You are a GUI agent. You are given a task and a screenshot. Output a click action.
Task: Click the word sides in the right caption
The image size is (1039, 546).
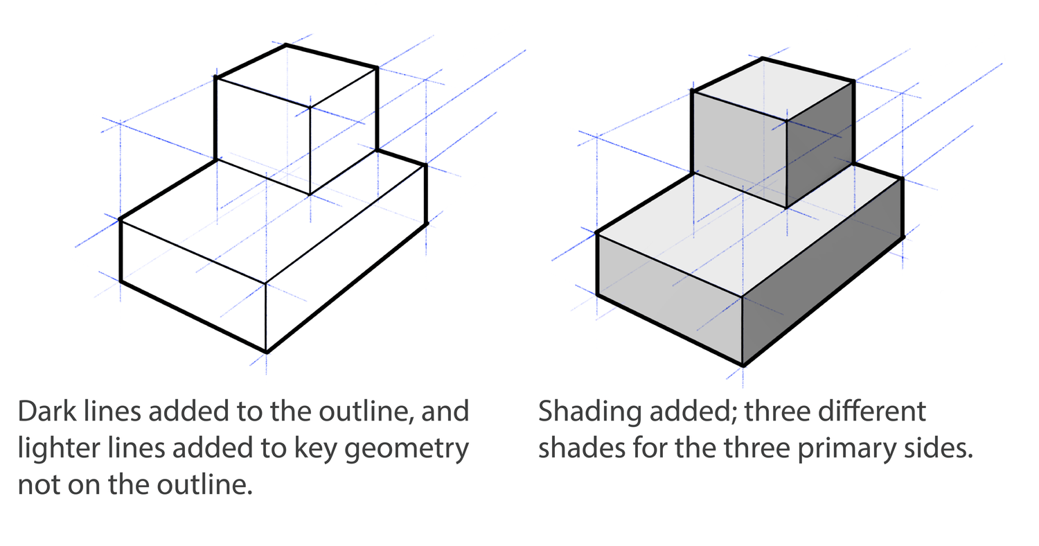939,449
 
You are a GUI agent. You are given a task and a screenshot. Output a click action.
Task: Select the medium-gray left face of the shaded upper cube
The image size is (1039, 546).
739,148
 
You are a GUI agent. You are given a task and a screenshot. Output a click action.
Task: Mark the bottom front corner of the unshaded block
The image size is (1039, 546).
267,352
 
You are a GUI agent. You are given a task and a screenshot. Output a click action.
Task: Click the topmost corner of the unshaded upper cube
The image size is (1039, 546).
286,45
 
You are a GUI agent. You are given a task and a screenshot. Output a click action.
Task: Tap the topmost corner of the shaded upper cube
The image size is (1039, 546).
763,58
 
